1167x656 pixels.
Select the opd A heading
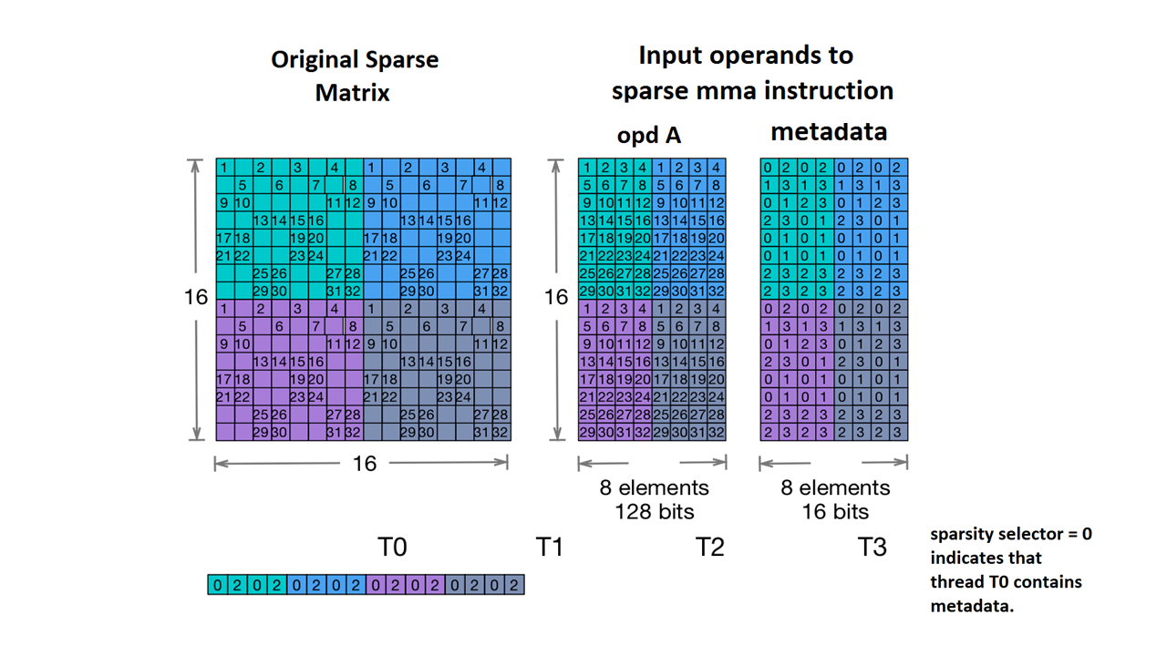click(x=649, y=135)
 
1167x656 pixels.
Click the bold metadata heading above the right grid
click(x=829, y=131)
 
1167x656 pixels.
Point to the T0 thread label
click(x=392, y=547)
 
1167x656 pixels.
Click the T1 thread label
click(x=549, y=547)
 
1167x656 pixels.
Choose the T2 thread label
click(x=709, y=547)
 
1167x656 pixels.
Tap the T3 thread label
click(x=872, y=547)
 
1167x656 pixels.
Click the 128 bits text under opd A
click(x=654, y=511)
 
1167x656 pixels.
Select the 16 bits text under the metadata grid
click(x=835, y=511)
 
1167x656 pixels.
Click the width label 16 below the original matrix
click(x=364, y=464)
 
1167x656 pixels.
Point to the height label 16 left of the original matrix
click(x=196, y=297)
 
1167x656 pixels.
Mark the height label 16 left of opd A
click(x=556, y=297)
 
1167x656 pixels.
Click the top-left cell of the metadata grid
click(x=769, y=168)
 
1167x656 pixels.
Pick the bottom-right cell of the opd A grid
click(x=717, y=432)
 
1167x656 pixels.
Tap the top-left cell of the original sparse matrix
click(x=225, y=168)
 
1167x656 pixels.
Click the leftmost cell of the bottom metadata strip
click(x=218, y=585)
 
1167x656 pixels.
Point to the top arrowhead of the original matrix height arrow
click(x=194, y=164)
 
